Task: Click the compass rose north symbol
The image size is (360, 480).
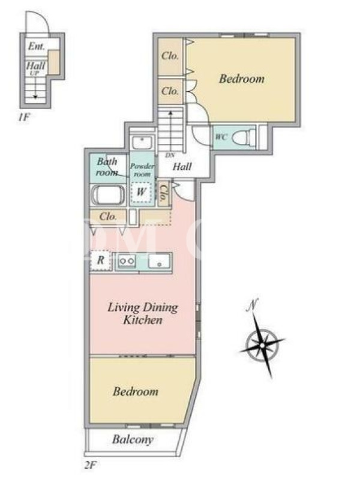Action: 262,345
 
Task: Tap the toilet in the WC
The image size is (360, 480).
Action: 244,137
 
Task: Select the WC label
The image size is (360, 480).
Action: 221,137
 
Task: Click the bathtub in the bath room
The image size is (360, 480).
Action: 108,195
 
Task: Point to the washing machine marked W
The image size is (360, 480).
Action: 140,193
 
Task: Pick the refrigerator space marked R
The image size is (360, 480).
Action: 100,260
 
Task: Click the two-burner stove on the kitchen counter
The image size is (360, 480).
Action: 127,261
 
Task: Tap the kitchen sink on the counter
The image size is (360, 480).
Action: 159,261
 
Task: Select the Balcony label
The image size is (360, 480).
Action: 133,440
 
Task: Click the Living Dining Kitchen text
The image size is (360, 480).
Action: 143,314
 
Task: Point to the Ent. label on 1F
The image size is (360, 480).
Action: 37,46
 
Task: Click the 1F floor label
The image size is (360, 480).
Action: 23,117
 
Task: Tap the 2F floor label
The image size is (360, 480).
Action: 91,466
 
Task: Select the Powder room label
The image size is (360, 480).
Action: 142,170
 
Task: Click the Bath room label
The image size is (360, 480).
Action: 107,167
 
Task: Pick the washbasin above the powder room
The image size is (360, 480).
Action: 142,143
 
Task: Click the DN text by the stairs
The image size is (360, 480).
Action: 170,155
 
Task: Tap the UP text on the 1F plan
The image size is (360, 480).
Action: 35,73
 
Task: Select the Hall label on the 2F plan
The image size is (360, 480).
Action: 182,167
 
